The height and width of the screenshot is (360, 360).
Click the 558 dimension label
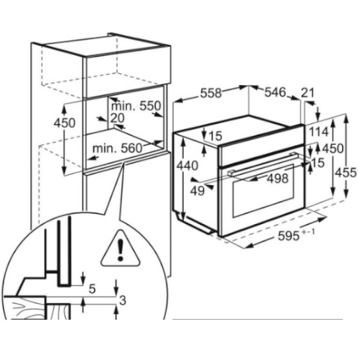tap(211, 93)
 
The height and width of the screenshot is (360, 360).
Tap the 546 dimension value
tap(275, 92)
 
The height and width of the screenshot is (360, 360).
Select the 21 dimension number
tap(308, 93)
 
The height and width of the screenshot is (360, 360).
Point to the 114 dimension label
tap(319, 131)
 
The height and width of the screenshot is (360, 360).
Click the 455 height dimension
tap(346, 173)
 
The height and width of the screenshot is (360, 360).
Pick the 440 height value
tap(187, 166)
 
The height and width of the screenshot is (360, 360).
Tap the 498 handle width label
tap(278, 179)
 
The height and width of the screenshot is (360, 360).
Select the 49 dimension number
tap(197, 191)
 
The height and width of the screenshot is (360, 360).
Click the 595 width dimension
tap(288, 235)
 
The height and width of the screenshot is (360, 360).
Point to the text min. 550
tap(136, 106)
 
